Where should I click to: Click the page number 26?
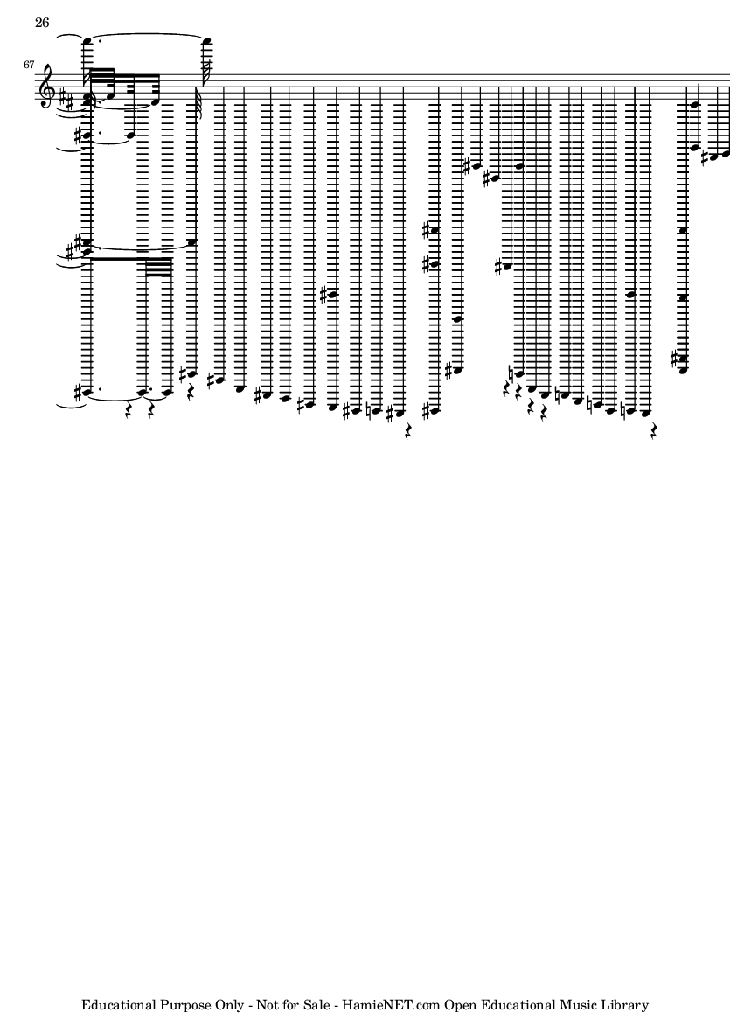tap(42, 23)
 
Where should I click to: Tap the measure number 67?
tap(28, 65)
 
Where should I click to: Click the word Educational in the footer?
tap(119, 1005)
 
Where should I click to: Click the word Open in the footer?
tap(459, 1005)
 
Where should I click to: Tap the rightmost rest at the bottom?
tap(653, 431)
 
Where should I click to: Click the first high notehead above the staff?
tap(87, 42)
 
